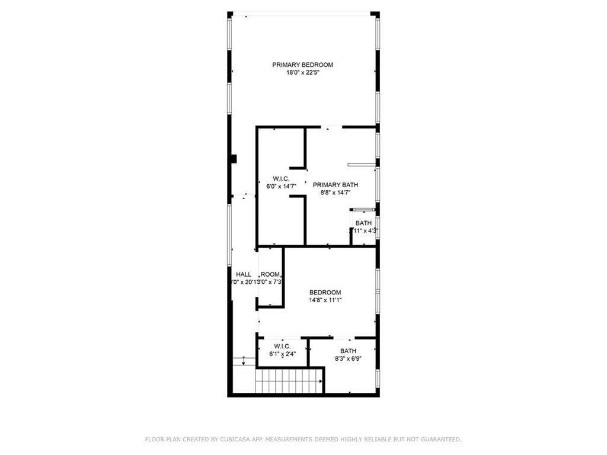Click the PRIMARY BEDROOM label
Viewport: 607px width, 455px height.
[x=302, y=65]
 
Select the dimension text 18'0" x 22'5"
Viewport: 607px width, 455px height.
[x=302, y=73]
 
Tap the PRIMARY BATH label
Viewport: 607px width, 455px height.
[x=335, y=184]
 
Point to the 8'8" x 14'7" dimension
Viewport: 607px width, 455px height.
[x=335, y=193]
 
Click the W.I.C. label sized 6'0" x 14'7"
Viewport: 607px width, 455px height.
[x=281, y=178]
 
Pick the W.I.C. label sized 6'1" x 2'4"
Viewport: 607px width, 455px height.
[x=282, y=346]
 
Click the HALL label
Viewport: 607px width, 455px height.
[x=244, y=274]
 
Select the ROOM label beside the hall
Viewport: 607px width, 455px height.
[x=270, y=274]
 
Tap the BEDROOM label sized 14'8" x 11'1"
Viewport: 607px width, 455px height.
[x=325, y=292]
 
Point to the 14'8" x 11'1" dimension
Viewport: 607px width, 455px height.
[x=325, y=300]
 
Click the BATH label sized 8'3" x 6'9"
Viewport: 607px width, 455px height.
[x=349, y=351]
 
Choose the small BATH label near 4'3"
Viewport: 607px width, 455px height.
[x=363, y=223]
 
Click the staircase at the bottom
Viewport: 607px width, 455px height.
[x=289, y=380]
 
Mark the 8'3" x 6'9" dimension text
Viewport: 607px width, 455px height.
[x=349, y=358]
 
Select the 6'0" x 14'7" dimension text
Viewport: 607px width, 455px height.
[x=281, y=187]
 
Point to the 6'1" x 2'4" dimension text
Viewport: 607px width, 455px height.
[x=282, y=354]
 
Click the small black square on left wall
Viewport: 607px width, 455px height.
[x=234, y=158]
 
